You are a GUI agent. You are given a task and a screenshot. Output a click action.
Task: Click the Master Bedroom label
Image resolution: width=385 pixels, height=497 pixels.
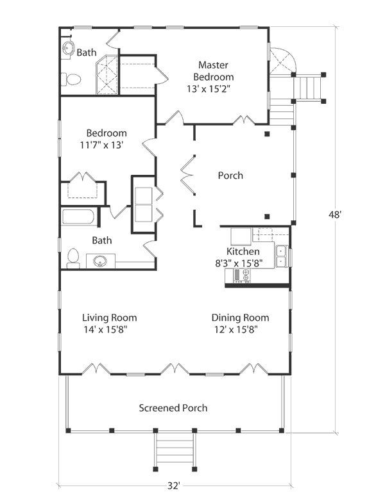[x=214, y=70]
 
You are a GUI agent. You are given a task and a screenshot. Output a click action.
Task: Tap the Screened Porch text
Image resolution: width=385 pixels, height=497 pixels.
[x=173, y=408]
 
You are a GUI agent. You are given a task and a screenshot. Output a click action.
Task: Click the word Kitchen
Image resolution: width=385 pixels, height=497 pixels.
[x=243, y=252]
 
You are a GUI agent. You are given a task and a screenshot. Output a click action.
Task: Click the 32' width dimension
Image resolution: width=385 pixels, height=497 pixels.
[x=173, y=486]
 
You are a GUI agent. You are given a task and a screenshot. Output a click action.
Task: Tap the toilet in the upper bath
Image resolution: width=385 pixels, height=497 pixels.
[x=71, y=79]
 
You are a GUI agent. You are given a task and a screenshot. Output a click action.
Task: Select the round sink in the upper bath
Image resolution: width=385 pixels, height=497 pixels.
[x=68, y=49]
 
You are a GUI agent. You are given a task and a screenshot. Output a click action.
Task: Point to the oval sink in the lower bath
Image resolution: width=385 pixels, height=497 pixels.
[x=100, y=261]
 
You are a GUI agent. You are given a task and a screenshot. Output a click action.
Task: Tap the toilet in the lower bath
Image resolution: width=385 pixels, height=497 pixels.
[x=73, y=258]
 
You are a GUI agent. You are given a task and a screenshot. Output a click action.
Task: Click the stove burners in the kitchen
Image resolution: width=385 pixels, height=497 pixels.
[x=245, y=275]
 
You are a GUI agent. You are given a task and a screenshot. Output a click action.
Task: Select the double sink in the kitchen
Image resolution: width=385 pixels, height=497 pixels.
[x=281, y=256]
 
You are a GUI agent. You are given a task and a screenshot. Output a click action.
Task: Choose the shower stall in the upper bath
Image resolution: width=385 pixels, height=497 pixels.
[x=107, y=74]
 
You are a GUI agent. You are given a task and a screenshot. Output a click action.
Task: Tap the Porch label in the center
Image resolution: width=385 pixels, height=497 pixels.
[x=230, y=175]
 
